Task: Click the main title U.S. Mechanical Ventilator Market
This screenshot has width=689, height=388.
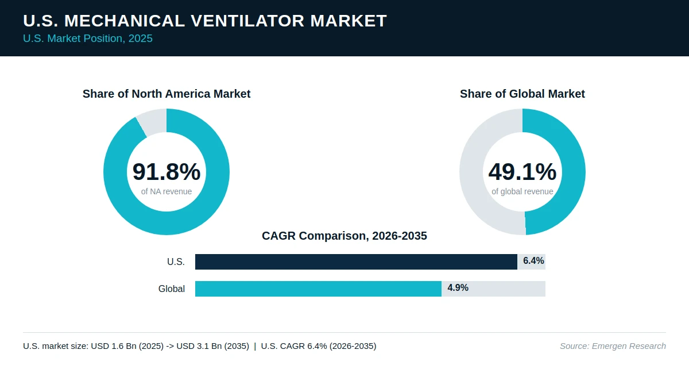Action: (x=205, y=21)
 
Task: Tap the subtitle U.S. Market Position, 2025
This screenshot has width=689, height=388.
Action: (x=88, y=39)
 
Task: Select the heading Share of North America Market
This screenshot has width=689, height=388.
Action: (x=167, y=94)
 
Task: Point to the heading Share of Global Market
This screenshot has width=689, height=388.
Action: (x=522, y=94)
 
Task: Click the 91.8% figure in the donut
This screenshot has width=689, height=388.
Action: (x=167, y=171)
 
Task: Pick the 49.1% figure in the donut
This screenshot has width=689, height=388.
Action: (x=522, y=171)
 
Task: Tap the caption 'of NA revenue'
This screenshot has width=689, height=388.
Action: (x=167, y=191)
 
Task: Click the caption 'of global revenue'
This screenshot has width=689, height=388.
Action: (x=522, y=191)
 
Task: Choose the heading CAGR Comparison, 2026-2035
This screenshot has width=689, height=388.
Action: (x=344, y=236)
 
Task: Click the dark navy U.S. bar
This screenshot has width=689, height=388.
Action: (x=356, y=262)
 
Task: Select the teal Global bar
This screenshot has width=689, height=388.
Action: (x=318, y=289)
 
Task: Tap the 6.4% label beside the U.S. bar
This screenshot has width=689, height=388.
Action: (x=533, y=261)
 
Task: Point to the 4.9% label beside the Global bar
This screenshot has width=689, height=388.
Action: (x=458, y=287)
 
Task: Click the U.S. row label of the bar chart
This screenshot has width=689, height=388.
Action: (x=176, y=262)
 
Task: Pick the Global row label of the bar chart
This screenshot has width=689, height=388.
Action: (x=172, y=289)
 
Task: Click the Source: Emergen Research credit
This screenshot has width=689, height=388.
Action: (x=613, y=346)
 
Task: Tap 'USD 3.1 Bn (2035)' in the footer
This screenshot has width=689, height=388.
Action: (x=212, y=346)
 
